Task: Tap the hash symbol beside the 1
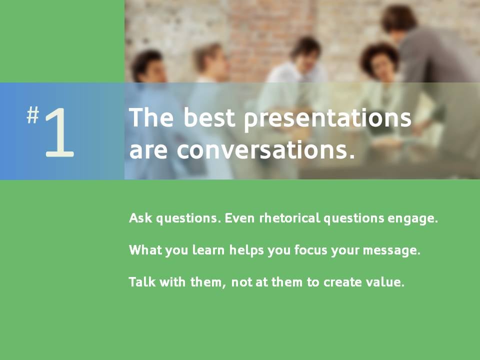33,115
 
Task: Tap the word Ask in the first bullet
140,218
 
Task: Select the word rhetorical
289,218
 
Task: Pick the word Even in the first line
239,218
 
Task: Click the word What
145,250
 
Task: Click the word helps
246,250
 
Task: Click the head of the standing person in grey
398,19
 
